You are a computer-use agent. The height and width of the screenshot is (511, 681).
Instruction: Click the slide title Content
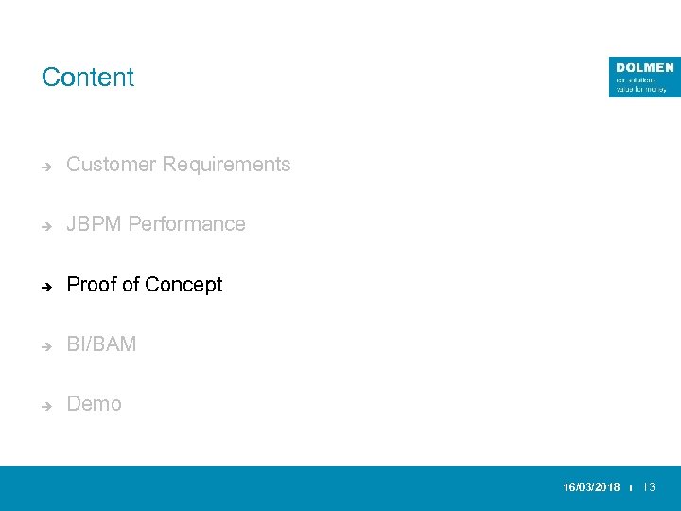[88, 78]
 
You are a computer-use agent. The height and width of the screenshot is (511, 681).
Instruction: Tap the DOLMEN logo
[644, 77]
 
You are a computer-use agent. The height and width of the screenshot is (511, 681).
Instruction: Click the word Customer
[111, 165]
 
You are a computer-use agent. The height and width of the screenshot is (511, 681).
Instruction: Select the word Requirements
[226, 165]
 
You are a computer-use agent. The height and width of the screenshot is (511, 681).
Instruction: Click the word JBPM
[94, 224]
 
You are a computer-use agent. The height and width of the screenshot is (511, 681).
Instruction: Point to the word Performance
[186, 224]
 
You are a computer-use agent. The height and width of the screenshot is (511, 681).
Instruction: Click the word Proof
[92, 285]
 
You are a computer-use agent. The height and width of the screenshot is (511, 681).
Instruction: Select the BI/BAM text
[101, 344]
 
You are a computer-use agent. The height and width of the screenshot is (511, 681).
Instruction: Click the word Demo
[94, 404]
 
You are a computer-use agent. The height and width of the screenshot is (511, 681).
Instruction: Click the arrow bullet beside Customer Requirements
[45, 166]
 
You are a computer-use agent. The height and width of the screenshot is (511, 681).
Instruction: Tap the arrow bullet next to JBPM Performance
[45, 225]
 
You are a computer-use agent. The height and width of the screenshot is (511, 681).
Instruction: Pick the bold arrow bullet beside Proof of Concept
[45, 286]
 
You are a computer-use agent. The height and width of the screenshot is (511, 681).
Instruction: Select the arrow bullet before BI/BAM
[45, 345]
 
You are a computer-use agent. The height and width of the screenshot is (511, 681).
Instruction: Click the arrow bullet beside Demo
[45, 405]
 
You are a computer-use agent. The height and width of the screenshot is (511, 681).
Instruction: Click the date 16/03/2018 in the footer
[591, 487]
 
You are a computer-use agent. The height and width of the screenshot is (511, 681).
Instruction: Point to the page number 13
[649, 487]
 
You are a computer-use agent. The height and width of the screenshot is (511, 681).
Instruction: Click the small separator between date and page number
[631, 488]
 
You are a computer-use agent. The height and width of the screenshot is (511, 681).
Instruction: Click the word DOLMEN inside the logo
[644, 68]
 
